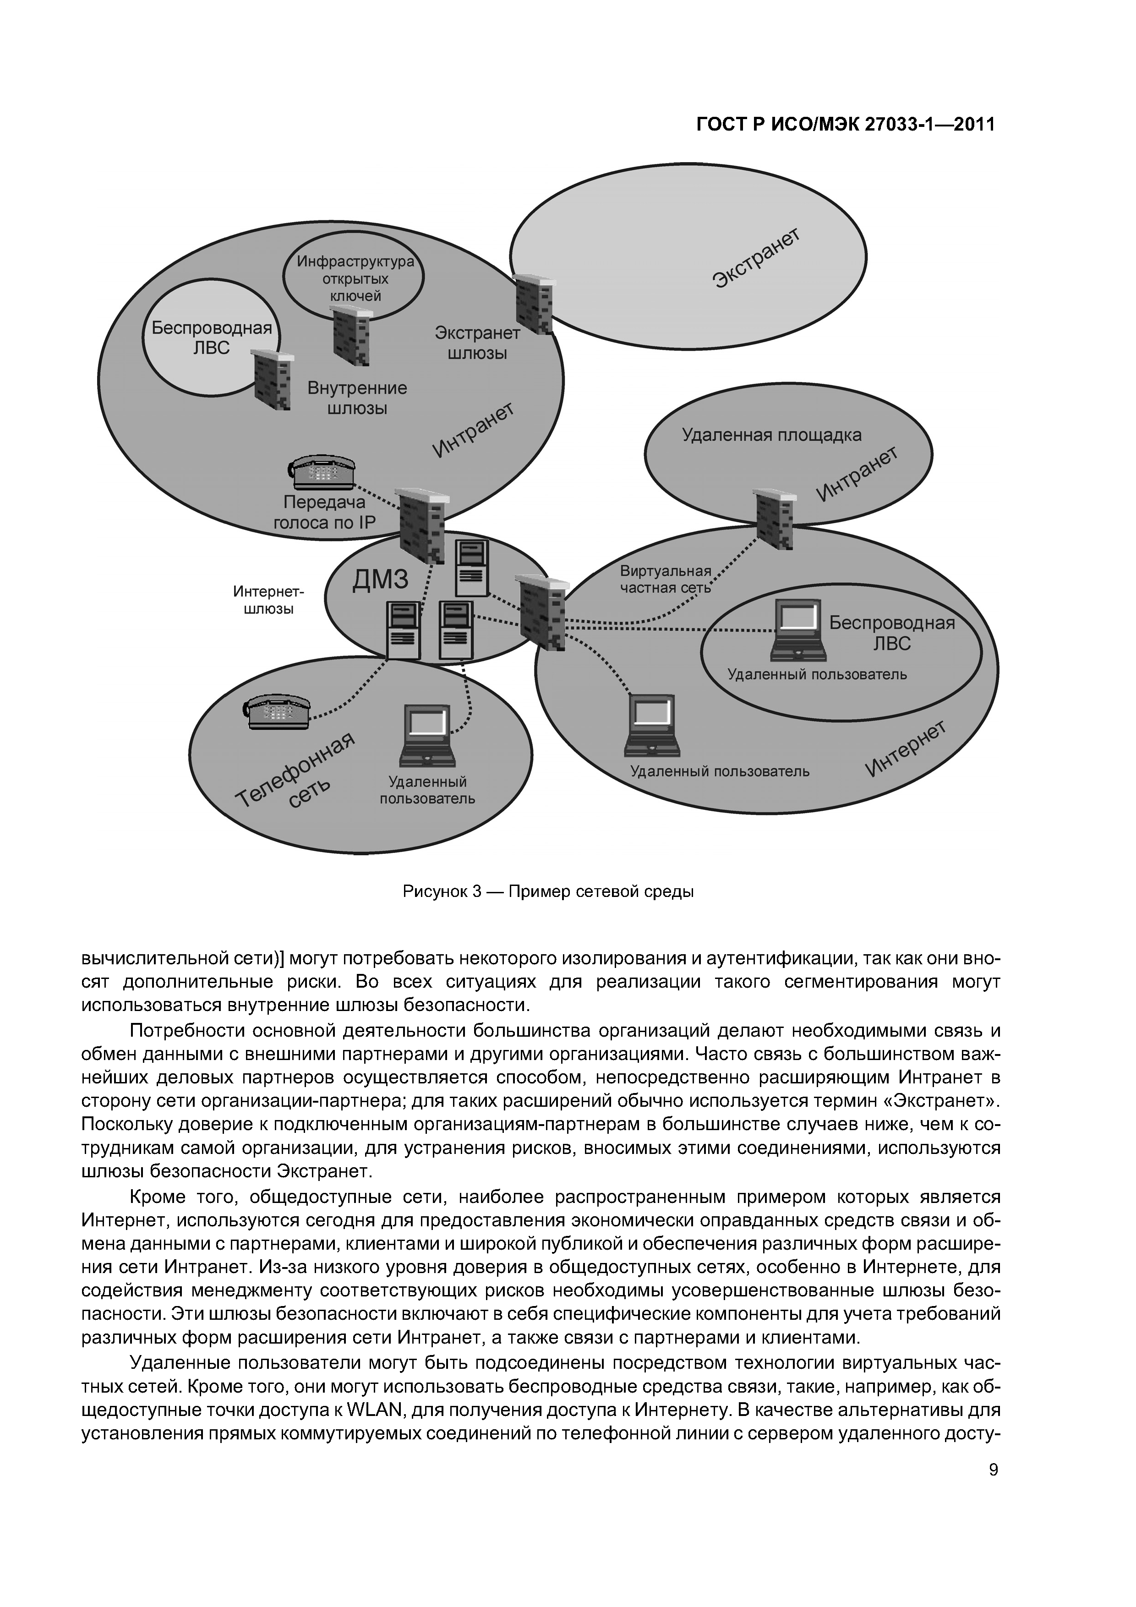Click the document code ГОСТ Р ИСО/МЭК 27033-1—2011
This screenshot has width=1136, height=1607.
[x=846, y=125]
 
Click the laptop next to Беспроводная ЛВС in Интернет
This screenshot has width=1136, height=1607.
[x=798, y=630]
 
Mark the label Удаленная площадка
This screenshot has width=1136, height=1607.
[x=771, y=435]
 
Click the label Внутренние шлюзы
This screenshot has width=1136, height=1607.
[x=357, y=398]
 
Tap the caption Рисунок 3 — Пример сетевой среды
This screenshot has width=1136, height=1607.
[x=548, y=892]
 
